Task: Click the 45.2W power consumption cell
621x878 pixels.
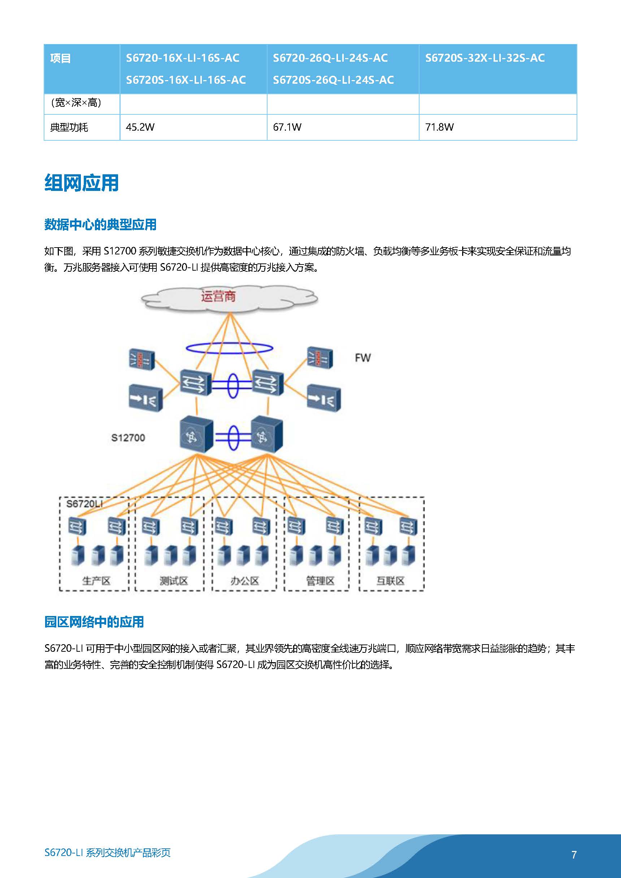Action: pyautogui.click(x=140, y=127)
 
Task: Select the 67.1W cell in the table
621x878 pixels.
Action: pyautogui.click(x=287, y=127)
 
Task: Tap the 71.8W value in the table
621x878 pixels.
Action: pyautogui.click(x=439, y=127)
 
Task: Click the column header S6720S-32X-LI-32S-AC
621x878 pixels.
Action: pyautogui.click(x=485, y=58)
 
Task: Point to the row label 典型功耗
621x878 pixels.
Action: pyautogui.click(x=69, y=127)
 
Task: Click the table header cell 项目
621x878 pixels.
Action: pyautogui.click(x=60, y=58)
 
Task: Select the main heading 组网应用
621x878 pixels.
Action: pyautogui.click(x=82, y=183)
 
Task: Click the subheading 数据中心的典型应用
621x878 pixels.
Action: pyautogui.click(x=100, y=224)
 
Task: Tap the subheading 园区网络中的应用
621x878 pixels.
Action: pyautogui.click(x=94, y=622)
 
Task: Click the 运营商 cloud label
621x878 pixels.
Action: pyautogui.click(x=218, y=296)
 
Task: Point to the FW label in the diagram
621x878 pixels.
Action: pyautogui.click(x=362, y=358)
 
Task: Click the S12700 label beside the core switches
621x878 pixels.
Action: pyautogui.click(x=128, y=438)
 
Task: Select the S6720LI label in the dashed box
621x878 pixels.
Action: pyautogui.click(x=84, y=504)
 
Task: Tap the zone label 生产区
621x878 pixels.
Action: pyautogui.click(x=96, y=581)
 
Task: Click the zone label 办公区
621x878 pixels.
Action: pyautogui.click(x=244, y=581)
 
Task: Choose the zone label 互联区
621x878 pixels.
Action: pyautogui.click(x=390, y=581)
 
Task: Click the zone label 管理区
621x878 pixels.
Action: pyautogui.click(x=320, y=581)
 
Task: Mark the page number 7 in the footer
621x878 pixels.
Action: pyautogui.click(x=574, y=855)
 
